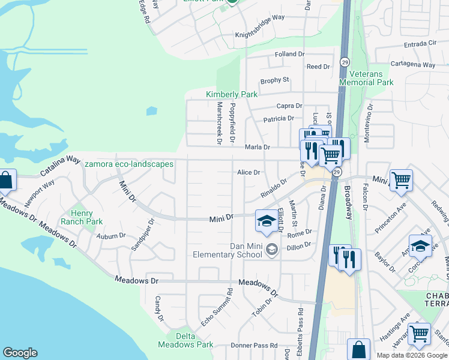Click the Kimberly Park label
pos(231,94)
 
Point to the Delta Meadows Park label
pos(185,340)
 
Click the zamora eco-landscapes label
pos(129,164)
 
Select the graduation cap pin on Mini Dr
pos(265,220)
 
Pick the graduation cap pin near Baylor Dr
pos(420,245)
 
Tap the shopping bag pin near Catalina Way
pos(5,181)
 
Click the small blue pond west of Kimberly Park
pos(151,111)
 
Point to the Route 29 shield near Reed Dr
pos(345,62)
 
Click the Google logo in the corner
pos(20,353)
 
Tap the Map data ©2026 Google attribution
pos(411,355)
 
